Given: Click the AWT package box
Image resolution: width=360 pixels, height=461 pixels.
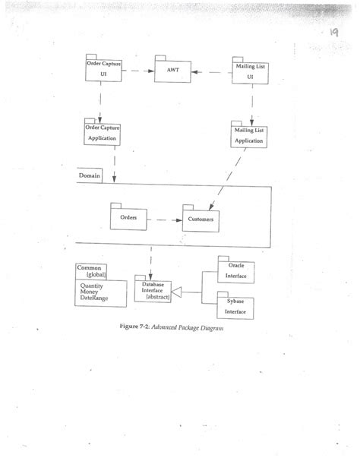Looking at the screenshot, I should click(x=172, y=71).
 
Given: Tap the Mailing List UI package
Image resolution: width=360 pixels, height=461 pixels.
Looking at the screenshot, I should click(x=249, y=71).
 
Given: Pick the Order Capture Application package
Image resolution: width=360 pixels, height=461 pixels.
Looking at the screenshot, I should click(x=103, y=133).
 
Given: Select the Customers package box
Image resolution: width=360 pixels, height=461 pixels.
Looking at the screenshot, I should click(x=201, y=219).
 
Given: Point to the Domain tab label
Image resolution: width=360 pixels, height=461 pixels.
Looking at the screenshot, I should click(x=90, y=176).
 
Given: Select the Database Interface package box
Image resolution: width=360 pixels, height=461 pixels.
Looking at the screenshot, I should click(x=153, y=290).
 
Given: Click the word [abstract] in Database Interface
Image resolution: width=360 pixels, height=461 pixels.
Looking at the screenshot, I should click(x=154, y=297).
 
